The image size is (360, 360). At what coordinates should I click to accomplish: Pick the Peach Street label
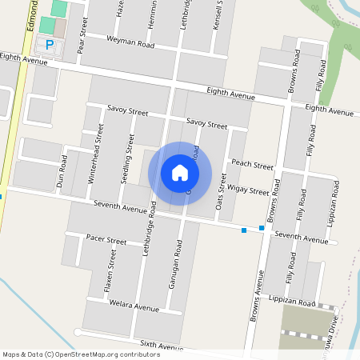pyautogui.click(x=252, y=164)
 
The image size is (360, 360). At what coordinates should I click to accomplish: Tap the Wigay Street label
pyautogui.click(x=248, y=191)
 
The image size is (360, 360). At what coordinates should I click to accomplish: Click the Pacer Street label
pyautogui.click(x=106, y=241)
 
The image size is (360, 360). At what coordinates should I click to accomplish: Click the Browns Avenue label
pyautogui.click(x=258, y=295)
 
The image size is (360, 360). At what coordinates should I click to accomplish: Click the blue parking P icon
pyautogui.click(x=50, y=46)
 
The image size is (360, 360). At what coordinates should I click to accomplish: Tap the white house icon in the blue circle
pyautogui.click(x=180, y=173)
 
